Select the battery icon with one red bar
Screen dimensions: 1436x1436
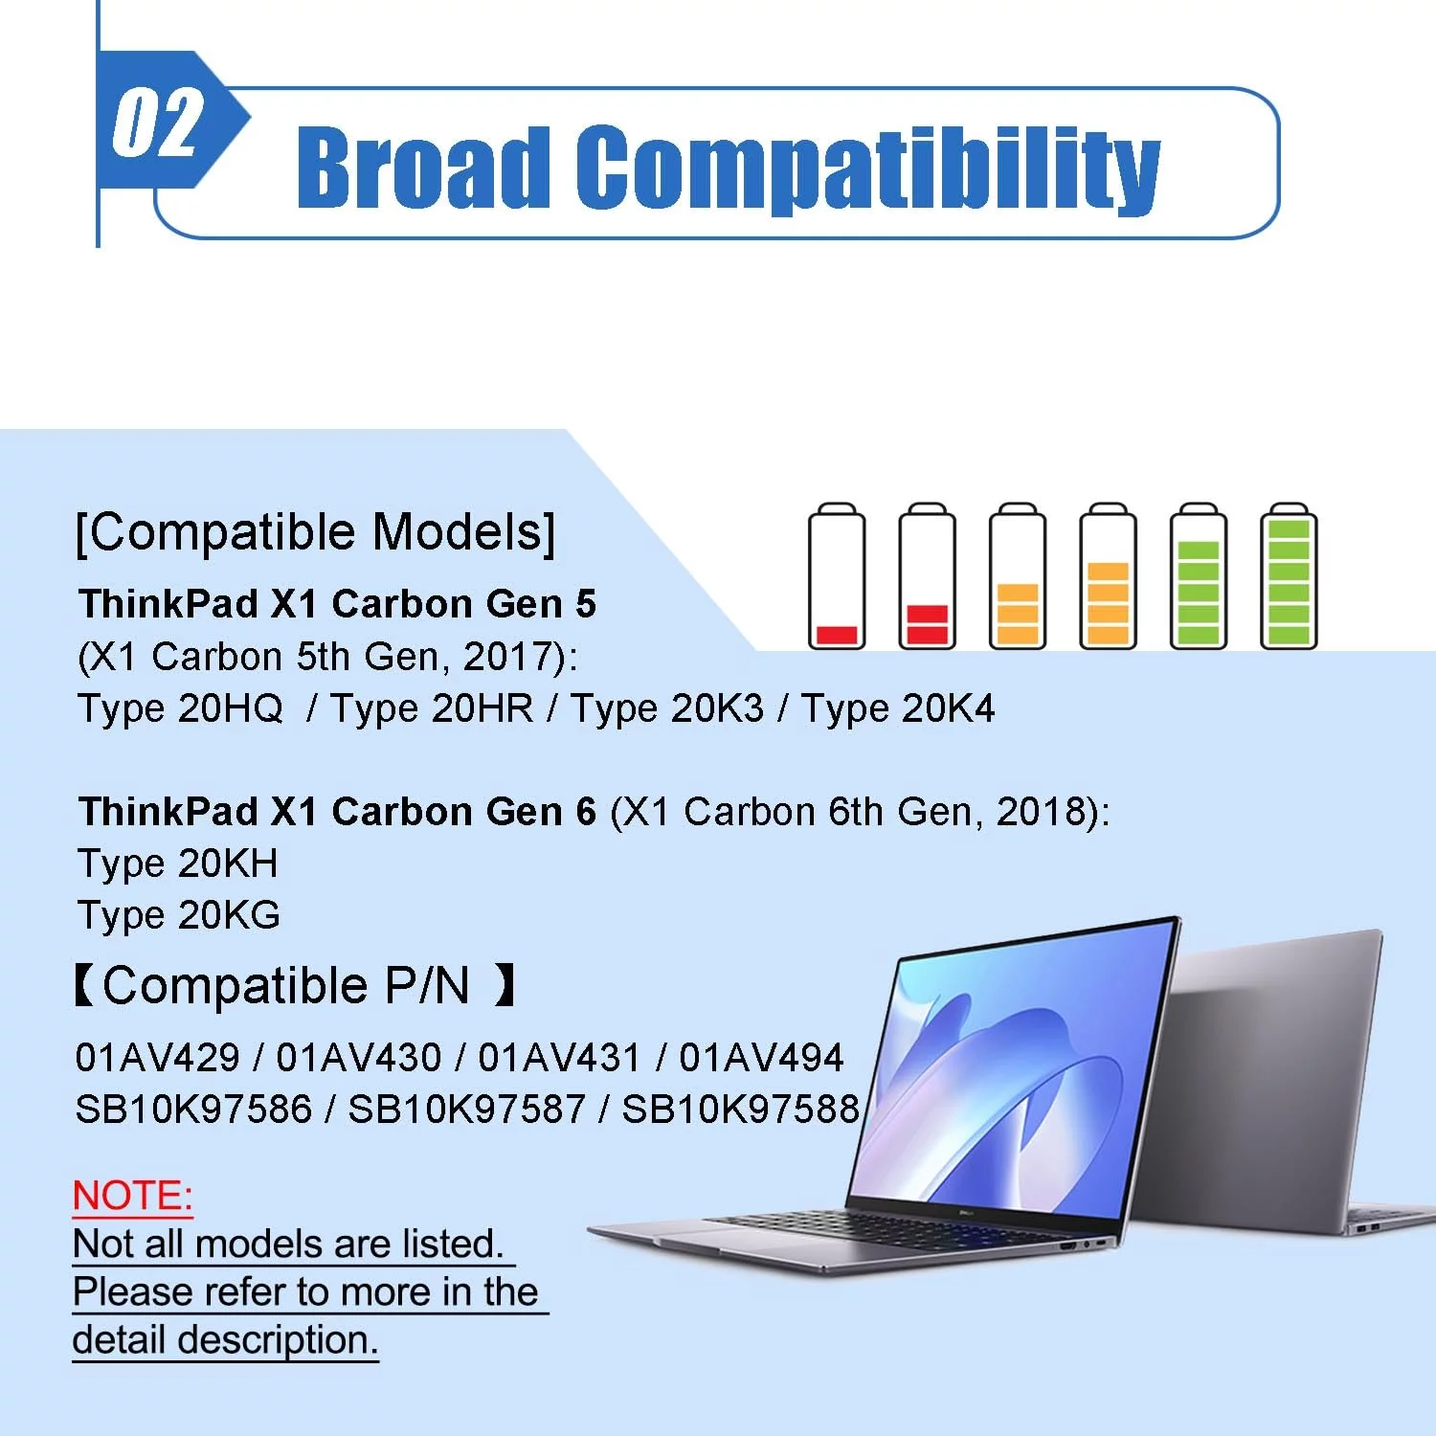(x=837, y=576)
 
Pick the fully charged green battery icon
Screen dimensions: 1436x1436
(x=1289, y=576)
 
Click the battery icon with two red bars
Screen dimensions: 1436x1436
(x=927, y=576)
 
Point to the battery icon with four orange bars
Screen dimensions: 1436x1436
(x=1108, y=576)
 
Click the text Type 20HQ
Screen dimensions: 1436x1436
(x=180, y=709)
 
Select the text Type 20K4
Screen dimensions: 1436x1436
(x=898, y=708)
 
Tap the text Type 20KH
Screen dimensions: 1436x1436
(x=178, y=864)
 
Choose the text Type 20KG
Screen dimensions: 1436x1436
(x=179, y=916)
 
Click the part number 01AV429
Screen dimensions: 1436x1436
(x=158, y=1058)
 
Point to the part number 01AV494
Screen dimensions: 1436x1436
(x=762, y=1058)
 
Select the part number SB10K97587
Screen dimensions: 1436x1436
(x=466, y=1110)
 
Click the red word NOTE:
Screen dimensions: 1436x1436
(x=133, y=1197)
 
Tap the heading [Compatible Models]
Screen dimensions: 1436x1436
(x=316, y=532)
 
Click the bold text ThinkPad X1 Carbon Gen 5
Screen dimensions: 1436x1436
(x=338, y=604)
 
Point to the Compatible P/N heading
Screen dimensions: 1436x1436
(x=296, y=986)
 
